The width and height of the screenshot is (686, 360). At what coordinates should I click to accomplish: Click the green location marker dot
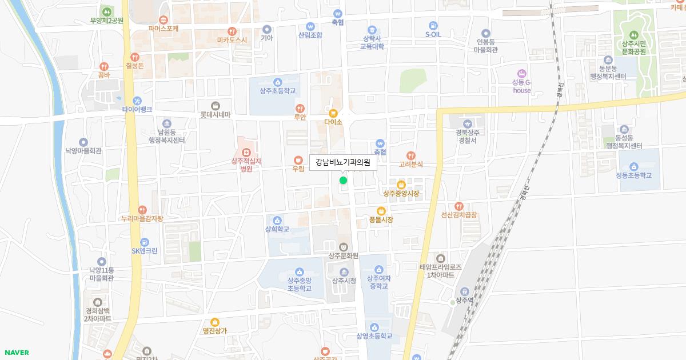pos(343,181)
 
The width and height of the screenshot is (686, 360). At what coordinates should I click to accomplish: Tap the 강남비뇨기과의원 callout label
pos(343,162)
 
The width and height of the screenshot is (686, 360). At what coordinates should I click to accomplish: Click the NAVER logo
pos(16,353)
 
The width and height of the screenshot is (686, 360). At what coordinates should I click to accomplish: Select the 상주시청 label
pos(344,281)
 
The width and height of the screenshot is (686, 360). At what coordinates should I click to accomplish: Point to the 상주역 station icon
pos(464,291)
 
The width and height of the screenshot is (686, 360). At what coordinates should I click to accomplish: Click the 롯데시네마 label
pos(215,114)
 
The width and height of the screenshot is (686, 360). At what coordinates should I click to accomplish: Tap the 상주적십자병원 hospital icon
pos(246,152)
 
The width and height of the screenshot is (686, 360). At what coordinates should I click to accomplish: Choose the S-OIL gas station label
pos(433,34)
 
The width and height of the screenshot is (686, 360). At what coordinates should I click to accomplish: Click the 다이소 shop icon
pos(333,113)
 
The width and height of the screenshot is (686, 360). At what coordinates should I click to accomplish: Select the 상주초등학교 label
pos(278,91)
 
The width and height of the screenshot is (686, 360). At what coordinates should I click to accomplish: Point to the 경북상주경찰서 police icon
pos(467,123)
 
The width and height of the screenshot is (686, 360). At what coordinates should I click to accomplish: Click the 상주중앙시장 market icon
pos(401,185)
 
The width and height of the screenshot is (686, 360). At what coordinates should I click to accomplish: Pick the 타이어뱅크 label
pos(137,109)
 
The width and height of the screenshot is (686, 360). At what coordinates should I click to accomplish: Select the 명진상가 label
pos(215,331)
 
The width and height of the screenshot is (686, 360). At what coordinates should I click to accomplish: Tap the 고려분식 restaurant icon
pos(410,155)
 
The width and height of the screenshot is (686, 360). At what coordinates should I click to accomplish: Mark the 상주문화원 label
pos(343,256)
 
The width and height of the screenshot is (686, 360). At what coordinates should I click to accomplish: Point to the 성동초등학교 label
pos(633,175)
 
